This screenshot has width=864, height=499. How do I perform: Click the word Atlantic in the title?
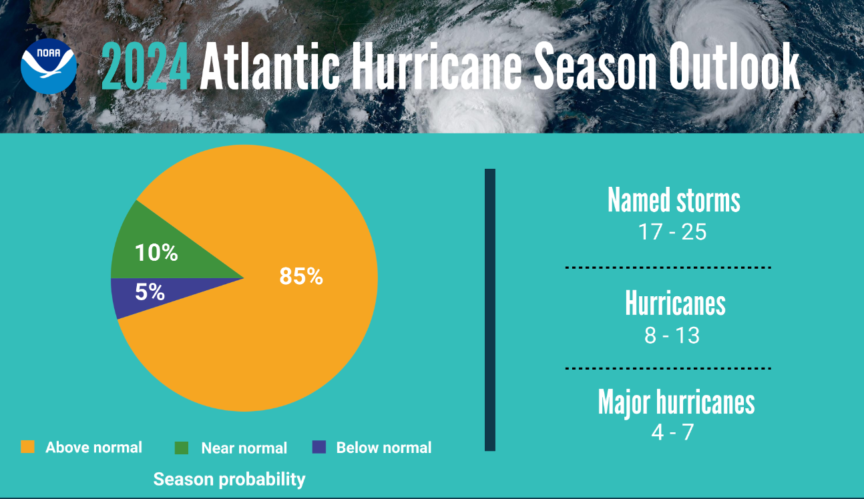(x=270, y=67)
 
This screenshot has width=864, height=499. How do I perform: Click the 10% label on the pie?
(x=156, y=253)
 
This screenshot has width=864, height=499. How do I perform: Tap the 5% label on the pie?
(x=150, y=292)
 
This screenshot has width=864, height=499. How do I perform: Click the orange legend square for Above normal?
(x=27, y=447)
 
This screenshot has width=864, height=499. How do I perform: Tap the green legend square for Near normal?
(x=181, y=448)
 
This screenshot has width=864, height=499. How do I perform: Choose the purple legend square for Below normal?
(x=319, y=447)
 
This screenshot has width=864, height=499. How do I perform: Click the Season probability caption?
(x=229, y=479)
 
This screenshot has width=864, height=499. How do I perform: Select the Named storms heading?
(x=674, y=200)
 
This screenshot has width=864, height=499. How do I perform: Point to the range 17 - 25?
(x=672, y=232)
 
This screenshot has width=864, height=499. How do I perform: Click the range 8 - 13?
(x=672, y=335)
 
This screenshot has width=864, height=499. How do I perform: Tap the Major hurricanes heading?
(x=676, y=402)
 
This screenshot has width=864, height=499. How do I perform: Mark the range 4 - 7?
(x=672, y=432)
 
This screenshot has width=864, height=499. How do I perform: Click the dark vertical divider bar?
(x=490, y=310)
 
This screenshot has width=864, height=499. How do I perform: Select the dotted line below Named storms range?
(x=668, y=268)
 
